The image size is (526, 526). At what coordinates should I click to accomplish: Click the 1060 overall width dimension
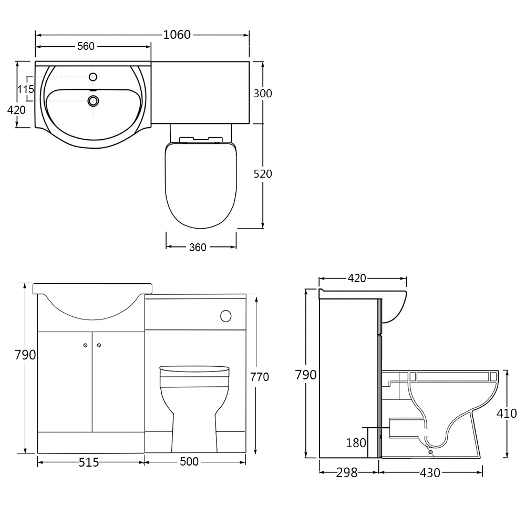pos(177,35)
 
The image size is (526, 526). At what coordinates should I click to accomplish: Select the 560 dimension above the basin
pos(86,46)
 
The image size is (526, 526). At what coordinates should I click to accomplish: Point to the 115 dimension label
pos(26,89)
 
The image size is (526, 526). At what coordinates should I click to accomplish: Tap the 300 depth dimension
pos(263,94)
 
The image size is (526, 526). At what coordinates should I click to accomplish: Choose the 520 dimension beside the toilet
pos(263,173)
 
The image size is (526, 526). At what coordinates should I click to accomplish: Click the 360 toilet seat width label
pos(198,247)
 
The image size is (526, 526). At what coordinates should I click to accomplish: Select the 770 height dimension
pos(260,377)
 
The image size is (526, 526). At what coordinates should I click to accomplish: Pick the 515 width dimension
pos(89,462)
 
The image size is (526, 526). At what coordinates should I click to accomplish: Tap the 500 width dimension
pos(189,462)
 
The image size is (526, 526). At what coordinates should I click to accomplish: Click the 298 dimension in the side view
pos(346,473)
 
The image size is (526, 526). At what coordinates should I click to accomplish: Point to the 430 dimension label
pos(430,473)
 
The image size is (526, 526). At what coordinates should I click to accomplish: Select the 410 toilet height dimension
pos(507,414)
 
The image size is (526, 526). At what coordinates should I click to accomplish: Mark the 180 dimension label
pos(356,443)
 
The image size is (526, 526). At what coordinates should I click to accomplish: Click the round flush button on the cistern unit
pos(226,316)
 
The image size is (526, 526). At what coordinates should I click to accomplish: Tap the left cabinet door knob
pos(85,345)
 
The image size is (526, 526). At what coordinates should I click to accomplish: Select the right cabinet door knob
pos(99,345)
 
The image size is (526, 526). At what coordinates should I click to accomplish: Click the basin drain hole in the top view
pos(94,100)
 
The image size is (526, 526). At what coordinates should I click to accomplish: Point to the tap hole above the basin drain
pos(94,77)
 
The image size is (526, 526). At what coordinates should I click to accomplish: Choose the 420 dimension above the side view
pos(357,279)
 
